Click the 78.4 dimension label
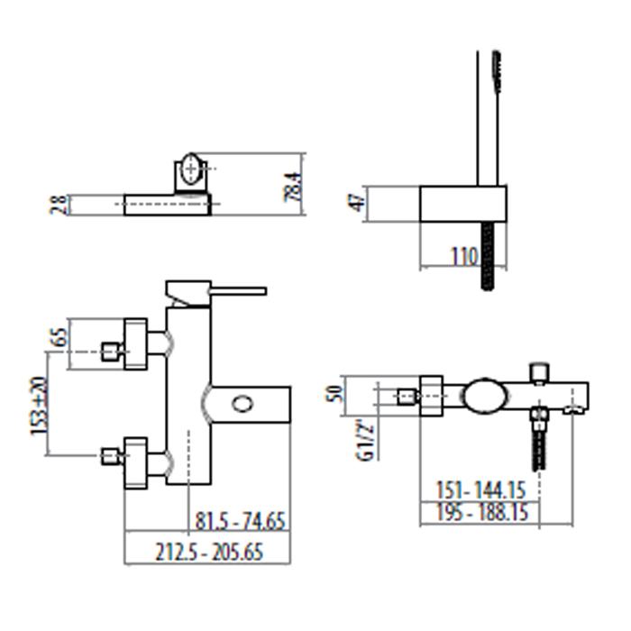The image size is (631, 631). tap(293, 187)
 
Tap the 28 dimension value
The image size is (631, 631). tap(59, 205)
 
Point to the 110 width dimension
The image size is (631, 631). tap(464, 256)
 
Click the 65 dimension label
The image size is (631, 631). tap(59, 337)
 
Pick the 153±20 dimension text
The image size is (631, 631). tap(40, 406)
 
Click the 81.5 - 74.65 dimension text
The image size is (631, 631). tap(241, 520)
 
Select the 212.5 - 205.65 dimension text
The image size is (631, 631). tap(209, 552)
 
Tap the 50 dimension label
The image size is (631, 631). tap(334, 394)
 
